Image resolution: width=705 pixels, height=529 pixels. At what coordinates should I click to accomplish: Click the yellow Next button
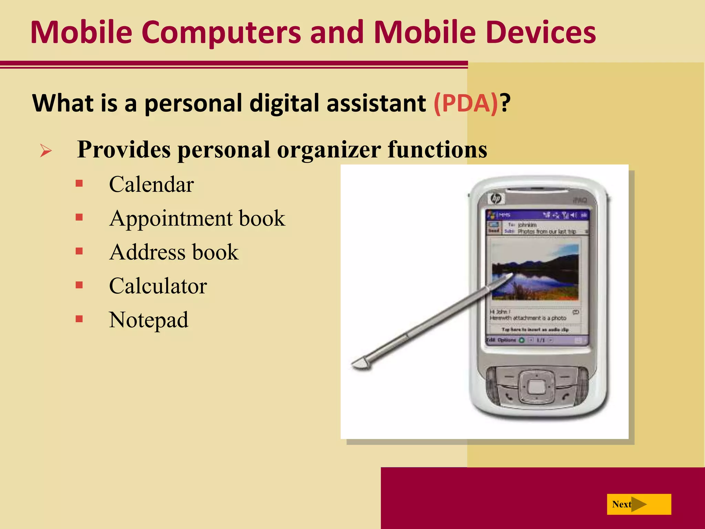[x=639, y=504]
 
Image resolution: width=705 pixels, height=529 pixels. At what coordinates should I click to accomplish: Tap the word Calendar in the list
[x=151, y=184]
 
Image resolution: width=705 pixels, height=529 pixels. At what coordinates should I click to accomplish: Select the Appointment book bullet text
[x=197, y=218]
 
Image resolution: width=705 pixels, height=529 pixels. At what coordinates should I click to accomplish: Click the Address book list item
[x=174, y=252]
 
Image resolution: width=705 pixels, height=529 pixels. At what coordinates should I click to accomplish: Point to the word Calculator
[x=158, y=286]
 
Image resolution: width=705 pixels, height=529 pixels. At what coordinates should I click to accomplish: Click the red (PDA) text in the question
[x=465, y=103]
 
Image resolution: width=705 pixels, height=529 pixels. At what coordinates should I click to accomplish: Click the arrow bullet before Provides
[x=46, y=151]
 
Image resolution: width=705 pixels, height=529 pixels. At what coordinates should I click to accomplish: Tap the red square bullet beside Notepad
[x=80, y=319]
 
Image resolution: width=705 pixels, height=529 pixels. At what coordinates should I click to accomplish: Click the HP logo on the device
[x=496, y=199]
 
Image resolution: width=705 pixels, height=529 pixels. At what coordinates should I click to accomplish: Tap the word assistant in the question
[x=376, y=103]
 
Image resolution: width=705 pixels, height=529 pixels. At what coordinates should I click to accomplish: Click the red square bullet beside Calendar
[x=80, y=183]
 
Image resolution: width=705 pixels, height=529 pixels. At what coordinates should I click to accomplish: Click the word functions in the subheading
[x=437, y=150]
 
